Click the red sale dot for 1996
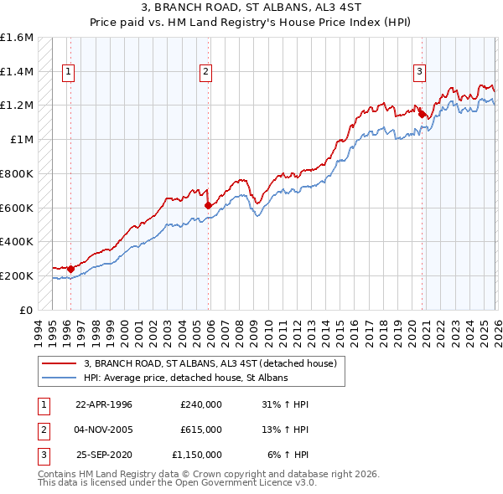pyautogui.click(x=70, y=269)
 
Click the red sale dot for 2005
pyautogui.click(x=208, y=204)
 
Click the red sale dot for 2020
pyautogui.click(x=423, y=114)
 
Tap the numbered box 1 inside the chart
pyautogui.click(x=67, y=72)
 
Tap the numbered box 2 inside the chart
pyautogui.click(x=205, y=72)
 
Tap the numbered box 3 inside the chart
pyautogui.click(x=419, y=72)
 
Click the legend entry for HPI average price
pyautogui.click(x=185, y=378)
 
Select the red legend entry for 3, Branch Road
pyautogui.click(x=210, y=363)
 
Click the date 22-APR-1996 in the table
pyautogui.click(x=104, y=404)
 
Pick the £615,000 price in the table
pyautogui.click(x=201, y=430)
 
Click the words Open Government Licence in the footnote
pyautogui.click(x=251, y=483)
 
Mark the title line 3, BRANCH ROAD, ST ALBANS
pyautogui.click(x=251, y=7)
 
